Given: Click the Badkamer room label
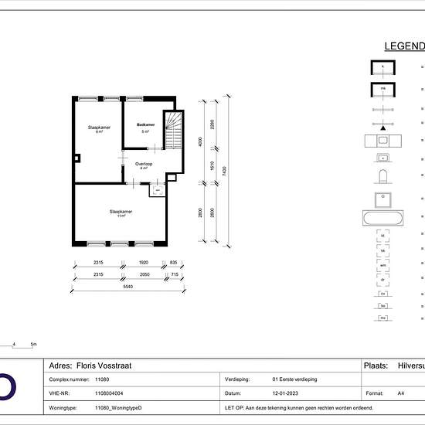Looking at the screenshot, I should pyautogui.click(x=145, y=125).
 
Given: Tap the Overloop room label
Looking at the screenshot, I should pyautogui.click(x=144, y=165).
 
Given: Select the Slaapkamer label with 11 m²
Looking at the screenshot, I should pyautogui.click(x=121, y=212).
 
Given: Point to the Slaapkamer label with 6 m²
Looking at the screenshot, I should pyautogui.click(x=99, y=128).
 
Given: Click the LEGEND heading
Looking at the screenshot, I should pyautogui.click(x=404, y=46).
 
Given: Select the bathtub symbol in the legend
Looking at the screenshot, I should pyautogui.click(x=381, y=217).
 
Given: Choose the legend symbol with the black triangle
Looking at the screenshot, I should pyautogui.click(x=381, y=108).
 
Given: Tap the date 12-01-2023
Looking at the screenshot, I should pyautogui.click(x=286, y=393).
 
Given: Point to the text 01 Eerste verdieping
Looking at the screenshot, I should pyautogui.click(x=301, y=380).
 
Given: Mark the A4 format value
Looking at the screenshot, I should pyautogui.click(x=400, y=393).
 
